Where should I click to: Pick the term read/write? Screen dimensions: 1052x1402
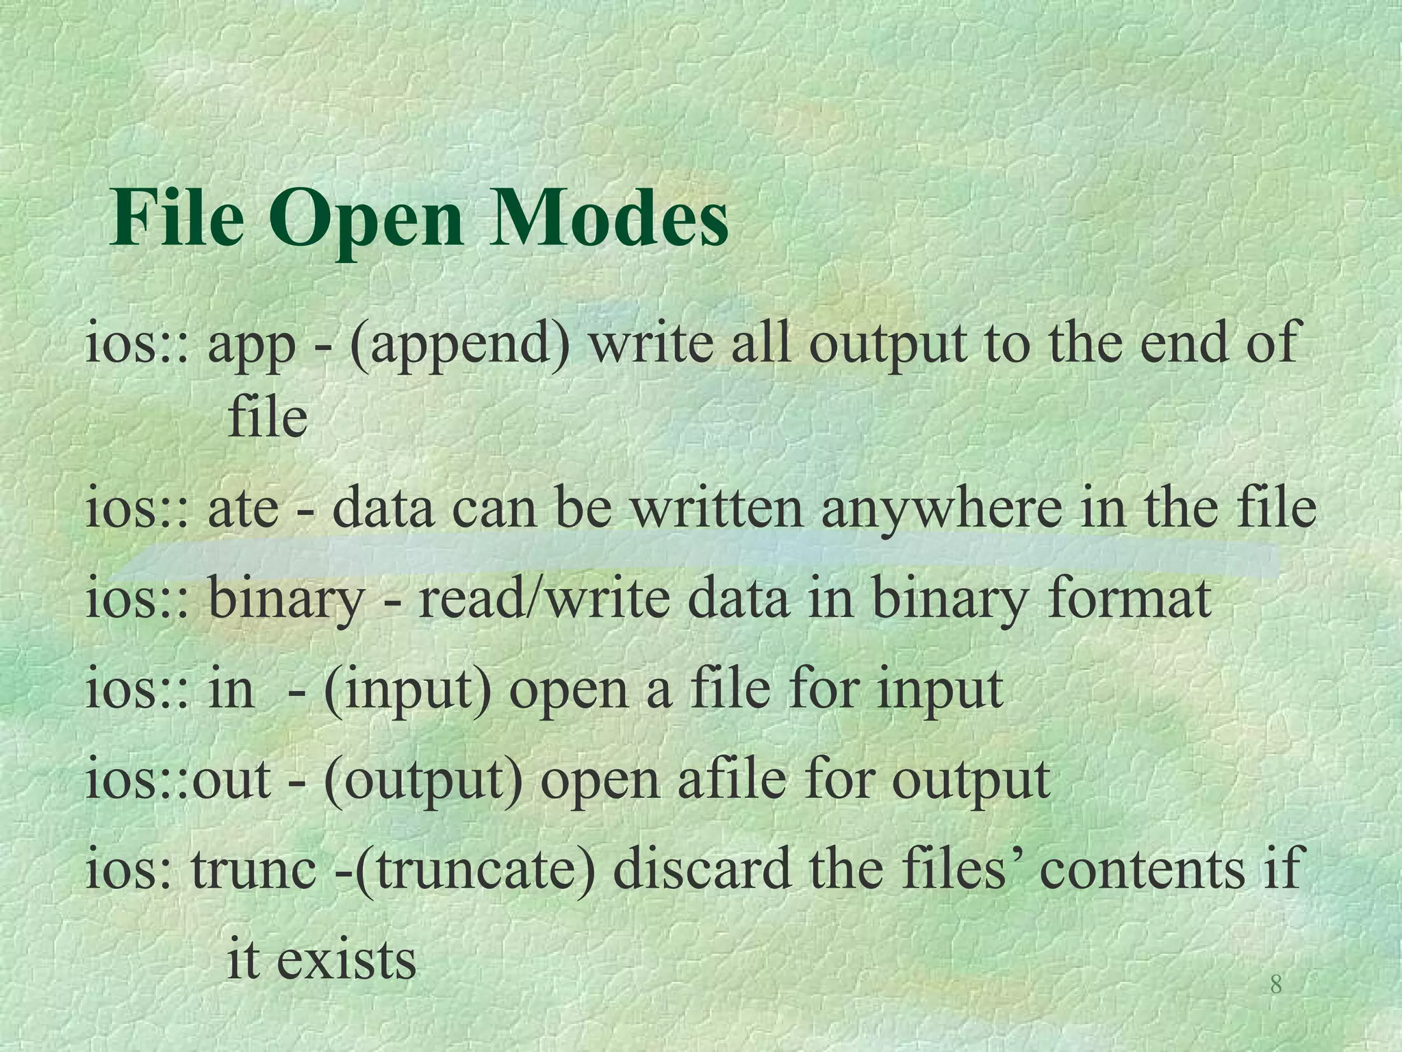[544, 598]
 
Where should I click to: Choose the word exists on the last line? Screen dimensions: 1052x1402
[346, 959]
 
